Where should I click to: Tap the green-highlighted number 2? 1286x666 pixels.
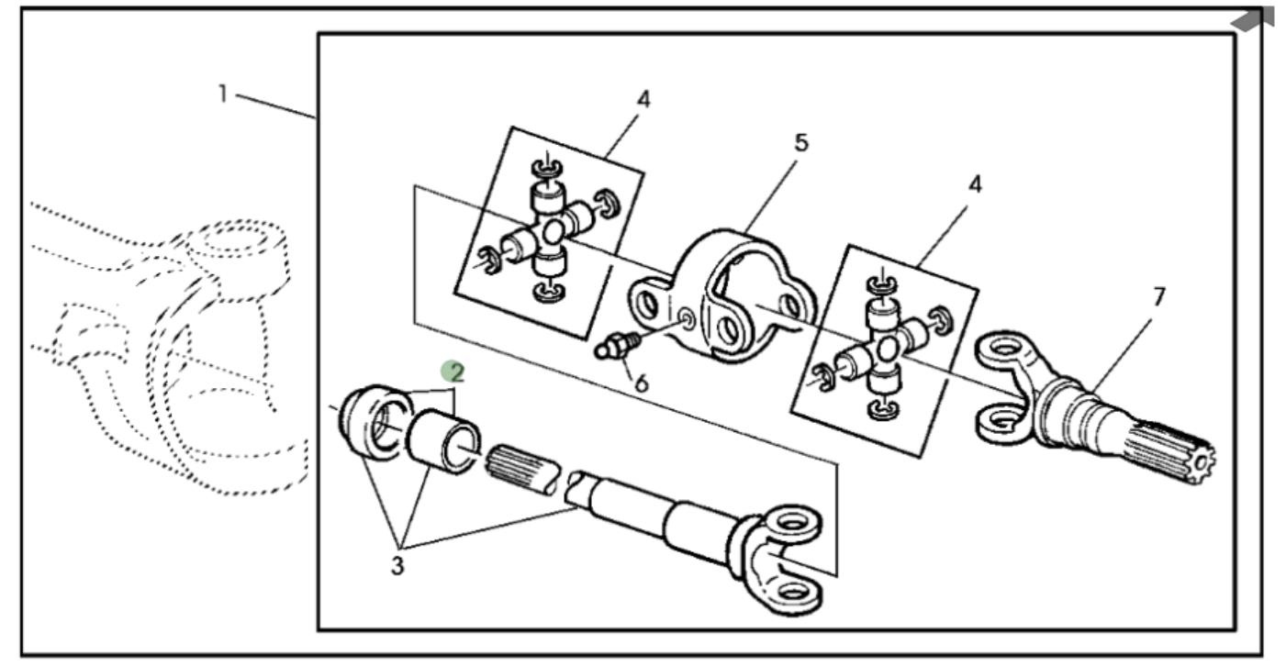click(455, 372)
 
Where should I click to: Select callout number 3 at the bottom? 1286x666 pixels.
click(397, 566)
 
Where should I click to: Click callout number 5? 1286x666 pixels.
click(801, 144)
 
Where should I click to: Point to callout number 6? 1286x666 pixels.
click(641, 383)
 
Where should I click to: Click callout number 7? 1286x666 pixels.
click(1159, 297)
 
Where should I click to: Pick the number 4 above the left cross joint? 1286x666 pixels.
click(643, 100)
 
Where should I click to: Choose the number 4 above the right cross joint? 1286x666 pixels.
click(975, 184)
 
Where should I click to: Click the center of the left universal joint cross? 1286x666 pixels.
click(551, 233)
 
